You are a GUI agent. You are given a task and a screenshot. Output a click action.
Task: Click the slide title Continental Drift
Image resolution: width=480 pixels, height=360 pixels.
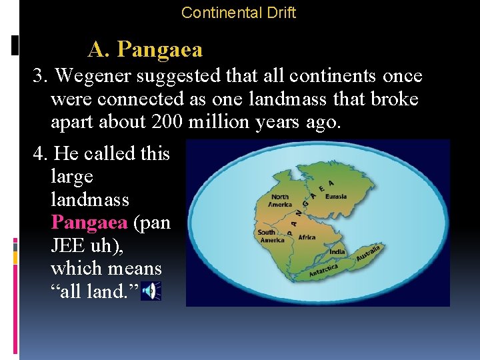pos(239,12)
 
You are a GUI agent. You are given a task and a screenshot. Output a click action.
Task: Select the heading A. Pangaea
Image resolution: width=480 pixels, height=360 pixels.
pos(145,49)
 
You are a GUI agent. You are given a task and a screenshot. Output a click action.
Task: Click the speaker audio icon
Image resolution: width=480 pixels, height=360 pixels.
pos(152,291)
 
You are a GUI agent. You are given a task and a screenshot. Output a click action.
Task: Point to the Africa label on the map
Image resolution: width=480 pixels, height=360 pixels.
pos(307,237)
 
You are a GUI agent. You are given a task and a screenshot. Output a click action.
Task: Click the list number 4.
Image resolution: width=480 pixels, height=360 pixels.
pos(39,153)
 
